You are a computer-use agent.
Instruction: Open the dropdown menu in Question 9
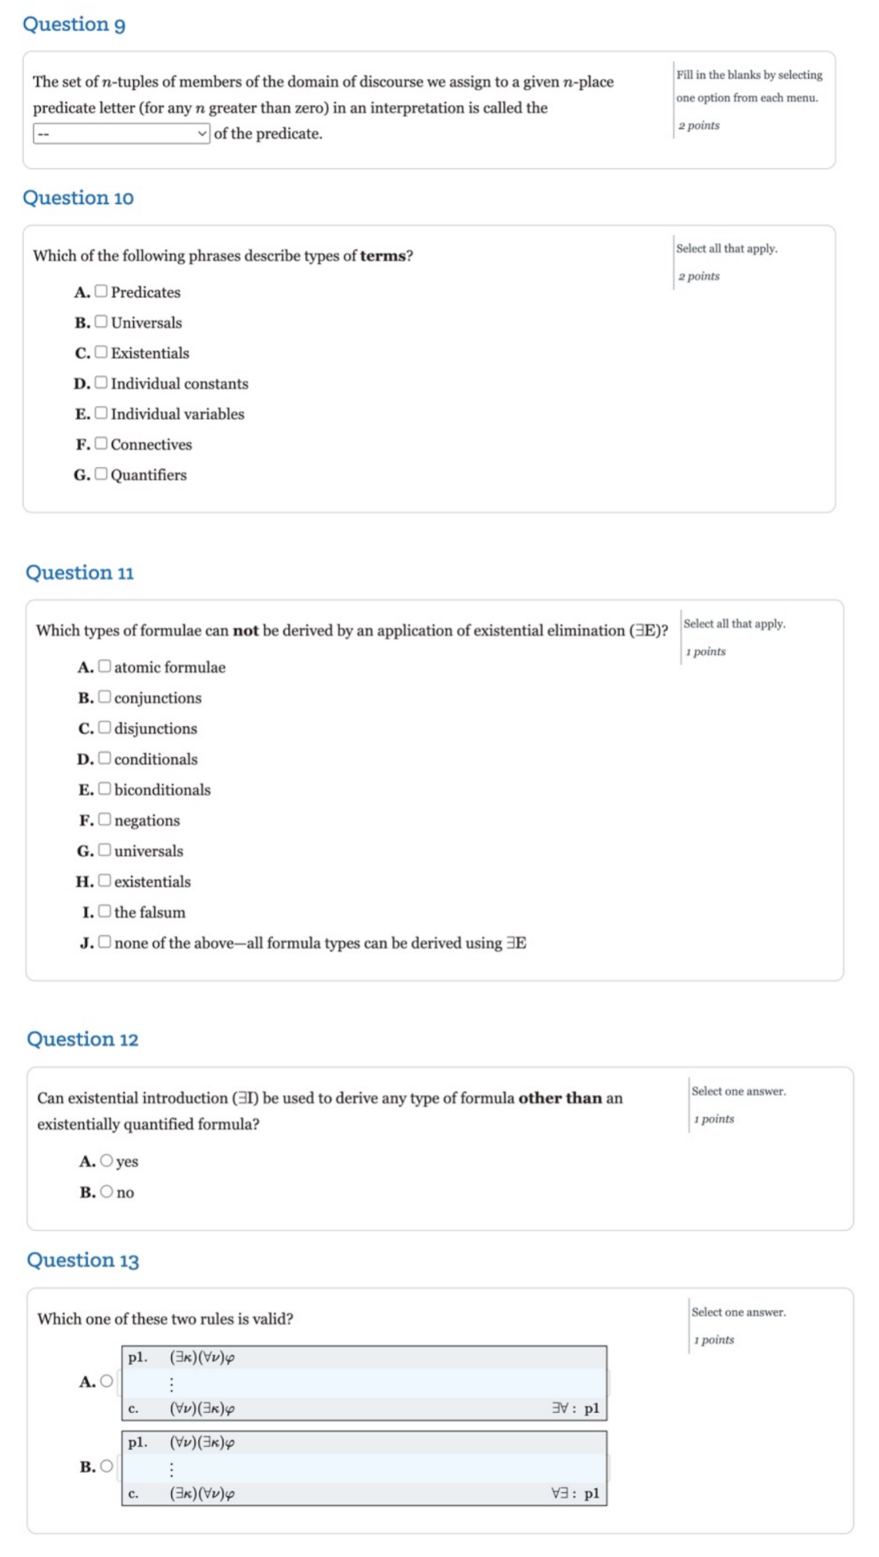(x=121, y=133)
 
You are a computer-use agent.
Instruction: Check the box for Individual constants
(x=101, y=382)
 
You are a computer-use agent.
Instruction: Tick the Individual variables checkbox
(x=101, y=412)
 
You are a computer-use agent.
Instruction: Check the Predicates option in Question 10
(x=101, y=290)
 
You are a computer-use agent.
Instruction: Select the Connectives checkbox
(x=101, y=443)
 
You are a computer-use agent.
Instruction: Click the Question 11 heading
(x=79, y=572)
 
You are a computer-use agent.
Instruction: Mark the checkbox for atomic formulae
(x=104, y=666)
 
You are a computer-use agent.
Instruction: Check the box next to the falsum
(x=104, y=911)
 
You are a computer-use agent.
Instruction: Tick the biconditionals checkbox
(x=104, y=788)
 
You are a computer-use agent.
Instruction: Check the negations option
(x=104, y=819)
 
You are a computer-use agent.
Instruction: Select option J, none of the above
(x=104, y=941)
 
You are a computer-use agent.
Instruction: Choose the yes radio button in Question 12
(x=106, y=1160)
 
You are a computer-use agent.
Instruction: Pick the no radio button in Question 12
(x=106, y=1191)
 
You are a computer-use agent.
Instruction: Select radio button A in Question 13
(x=106, y=1381)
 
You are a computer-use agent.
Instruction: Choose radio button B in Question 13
(x=106, y=1465)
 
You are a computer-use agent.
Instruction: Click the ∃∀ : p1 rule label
(x=575, y=1408)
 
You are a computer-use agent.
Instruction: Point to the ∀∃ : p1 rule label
(x=575, y=1492)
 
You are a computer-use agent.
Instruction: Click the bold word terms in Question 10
(x=382, y=256)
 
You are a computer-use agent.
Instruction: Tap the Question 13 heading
(x=82, y=1260)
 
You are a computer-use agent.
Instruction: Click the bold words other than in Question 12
(x=559, y=1098)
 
